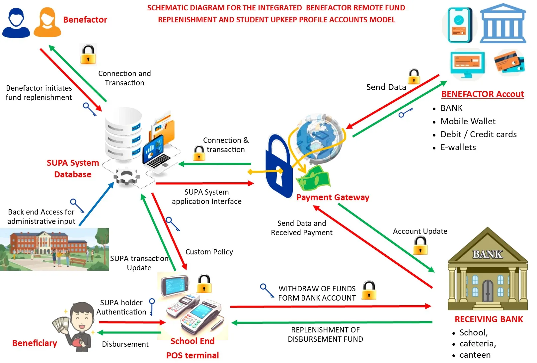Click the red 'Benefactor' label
(85, 20)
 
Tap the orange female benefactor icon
(47, 22)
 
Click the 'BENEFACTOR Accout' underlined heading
(482, 94)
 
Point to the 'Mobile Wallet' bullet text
(468, 122)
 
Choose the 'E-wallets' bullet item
(458, 147)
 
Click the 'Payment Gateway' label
(333, 198)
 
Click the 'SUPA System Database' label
(73, 169)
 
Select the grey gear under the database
(126, 177)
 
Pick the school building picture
(54, 249)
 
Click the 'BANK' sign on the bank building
(488, 254)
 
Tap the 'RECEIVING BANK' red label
(489, 319)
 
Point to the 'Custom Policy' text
(209, 252)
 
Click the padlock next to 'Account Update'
(420, 246)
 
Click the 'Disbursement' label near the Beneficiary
(125, 344)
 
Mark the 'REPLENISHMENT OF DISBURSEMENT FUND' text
(325, 334)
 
